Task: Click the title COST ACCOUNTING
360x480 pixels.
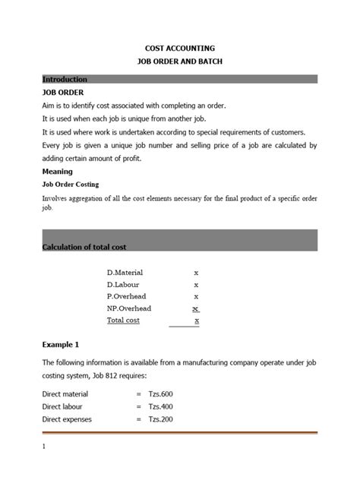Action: (180, 47)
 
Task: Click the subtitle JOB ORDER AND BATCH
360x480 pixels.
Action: (180, 62)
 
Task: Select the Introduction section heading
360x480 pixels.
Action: (65, 79)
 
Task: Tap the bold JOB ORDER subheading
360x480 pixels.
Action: (64, 92)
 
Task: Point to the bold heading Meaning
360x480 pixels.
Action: (58, 172)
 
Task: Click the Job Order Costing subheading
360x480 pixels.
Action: (71, 185)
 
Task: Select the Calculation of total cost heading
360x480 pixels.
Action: (84, 247)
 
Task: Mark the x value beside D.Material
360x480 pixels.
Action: (196, 272)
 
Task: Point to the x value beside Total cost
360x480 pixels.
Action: (197, 321)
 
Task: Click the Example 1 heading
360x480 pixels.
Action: (62, 344)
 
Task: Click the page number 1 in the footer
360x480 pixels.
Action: (45, 447)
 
